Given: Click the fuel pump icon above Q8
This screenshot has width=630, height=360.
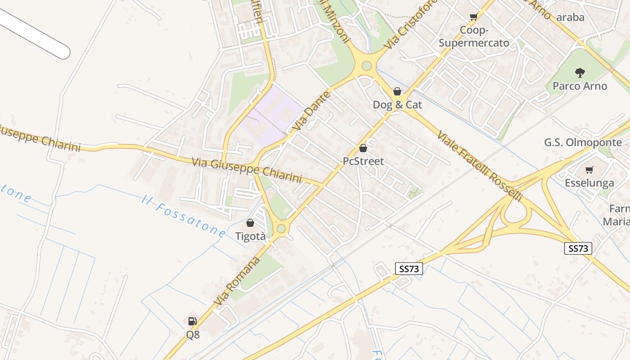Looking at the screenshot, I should click(193, 321).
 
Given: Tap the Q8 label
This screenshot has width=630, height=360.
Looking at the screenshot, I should click(193, 335).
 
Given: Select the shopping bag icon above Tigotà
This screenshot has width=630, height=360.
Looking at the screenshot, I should click(250, 223).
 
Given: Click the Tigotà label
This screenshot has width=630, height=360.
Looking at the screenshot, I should click(250, 236).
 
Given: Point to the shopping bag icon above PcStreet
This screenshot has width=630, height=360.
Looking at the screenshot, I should click(363, 148).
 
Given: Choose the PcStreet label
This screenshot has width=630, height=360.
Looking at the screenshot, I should click(363, 161).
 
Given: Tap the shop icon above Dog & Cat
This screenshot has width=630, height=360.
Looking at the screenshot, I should click(397, 91).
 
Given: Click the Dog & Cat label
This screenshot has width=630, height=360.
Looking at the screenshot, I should click(397, 105).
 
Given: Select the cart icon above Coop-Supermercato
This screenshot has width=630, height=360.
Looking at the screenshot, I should click(473, 17).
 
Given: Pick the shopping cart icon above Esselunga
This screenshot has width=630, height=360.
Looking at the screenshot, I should click(589, 170).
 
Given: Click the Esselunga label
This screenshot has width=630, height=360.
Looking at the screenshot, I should click(589, 183).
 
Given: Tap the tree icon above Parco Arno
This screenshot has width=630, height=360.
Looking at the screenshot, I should click(580, 72).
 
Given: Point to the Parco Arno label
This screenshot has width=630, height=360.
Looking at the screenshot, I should click(580, 86).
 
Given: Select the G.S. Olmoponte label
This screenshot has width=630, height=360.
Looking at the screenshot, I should click(583, 143).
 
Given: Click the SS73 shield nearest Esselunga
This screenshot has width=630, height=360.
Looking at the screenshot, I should click(578, 248).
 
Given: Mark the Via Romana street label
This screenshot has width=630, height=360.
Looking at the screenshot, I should click(237, 282).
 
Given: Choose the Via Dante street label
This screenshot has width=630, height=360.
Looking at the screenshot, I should click(311, 111).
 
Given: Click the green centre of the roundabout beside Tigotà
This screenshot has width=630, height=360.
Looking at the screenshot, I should click(281, 229).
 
